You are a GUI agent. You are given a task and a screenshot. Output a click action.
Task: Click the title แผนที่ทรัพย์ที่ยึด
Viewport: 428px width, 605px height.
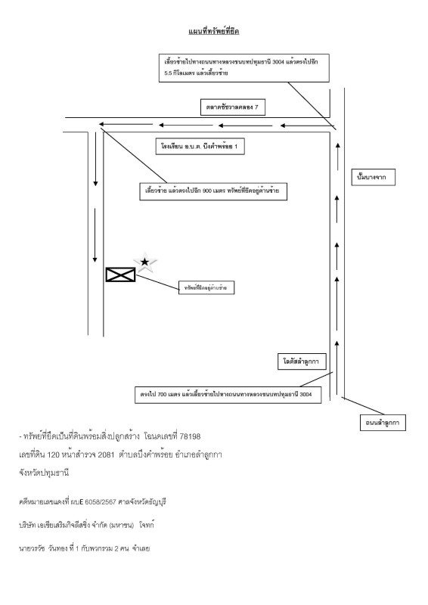213,31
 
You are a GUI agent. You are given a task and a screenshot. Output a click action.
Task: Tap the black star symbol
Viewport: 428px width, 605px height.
145,262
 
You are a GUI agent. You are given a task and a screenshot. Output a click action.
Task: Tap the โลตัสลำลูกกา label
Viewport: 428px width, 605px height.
301,363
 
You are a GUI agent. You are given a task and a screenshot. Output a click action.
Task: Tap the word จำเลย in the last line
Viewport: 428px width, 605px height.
141,547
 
